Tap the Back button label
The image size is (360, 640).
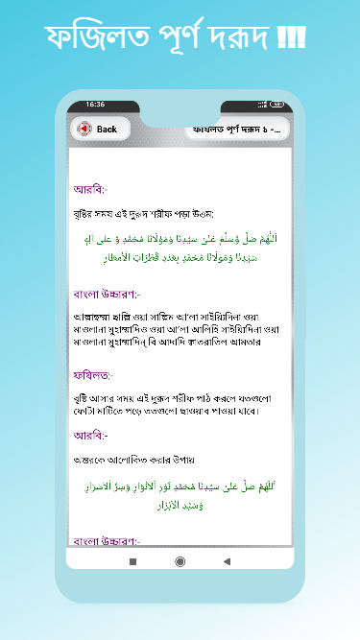coord(107,129)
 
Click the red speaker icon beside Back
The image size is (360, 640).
coord(84,129)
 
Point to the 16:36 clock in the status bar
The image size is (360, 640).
coord(95,104)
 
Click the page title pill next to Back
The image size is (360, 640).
coord(236,129)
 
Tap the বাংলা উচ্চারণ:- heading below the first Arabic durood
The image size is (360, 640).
coord(107,294)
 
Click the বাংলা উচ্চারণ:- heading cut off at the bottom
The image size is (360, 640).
coord(107,539)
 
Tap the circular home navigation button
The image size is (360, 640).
coord(180,560)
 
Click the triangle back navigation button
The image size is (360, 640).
coord(228,560)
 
